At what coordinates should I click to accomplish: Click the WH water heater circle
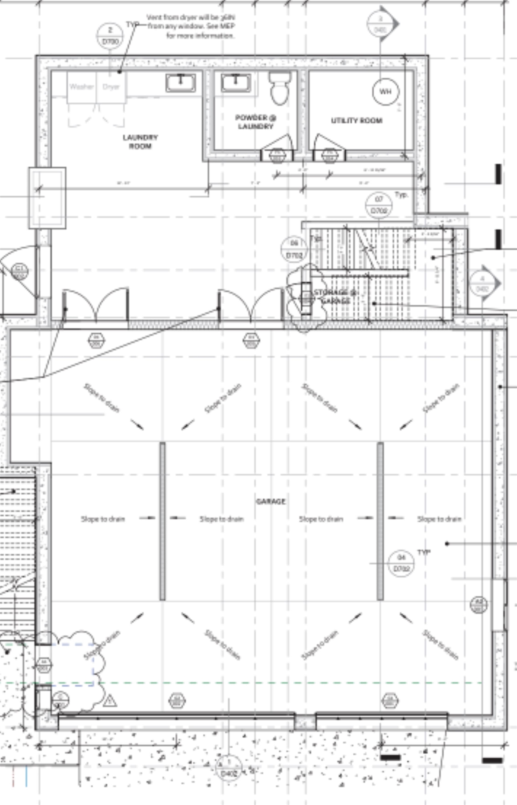(385, 92)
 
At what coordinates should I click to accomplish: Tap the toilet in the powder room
(279, 88)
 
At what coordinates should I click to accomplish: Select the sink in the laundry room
(180, 83)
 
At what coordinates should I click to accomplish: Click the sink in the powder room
(236, 83)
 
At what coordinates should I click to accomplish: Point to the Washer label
(81, 87)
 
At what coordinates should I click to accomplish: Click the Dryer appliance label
(111, 87)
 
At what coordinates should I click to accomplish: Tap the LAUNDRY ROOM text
(140, 142)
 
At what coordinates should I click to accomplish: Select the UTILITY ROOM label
(357, 121)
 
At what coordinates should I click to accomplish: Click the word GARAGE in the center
(271, 501)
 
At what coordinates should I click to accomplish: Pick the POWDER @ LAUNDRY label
(256, 122)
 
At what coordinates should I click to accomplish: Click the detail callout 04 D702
(401, 563)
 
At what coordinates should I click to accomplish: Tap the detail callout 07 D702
(379, 205)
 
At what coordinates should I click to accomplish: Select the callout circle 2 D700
(110, 36)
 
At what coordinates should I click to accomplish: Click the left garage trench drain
(163, 521)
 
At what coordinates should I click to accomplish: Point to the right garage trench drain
(380, 521)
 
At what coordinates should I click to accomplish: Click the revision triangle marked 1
(110, 701)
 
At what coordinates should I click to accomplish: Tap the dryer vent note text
(191, 26)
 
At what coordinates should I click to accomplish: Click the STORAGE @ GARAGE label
(335, 296)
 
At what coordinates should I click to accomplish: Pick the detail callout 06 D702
(294, 249)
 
